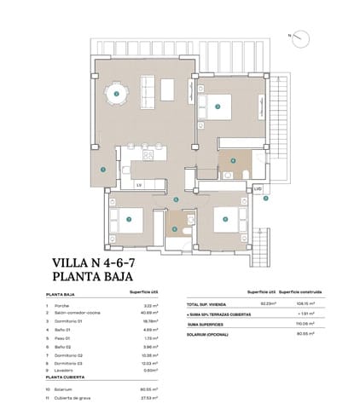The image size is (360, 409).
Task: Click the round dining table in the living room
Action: point(117,92)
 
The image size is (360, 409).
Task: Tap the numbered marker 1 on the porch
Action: point(102,169)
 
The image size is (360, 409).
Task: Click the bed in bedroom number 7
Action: point(127,221)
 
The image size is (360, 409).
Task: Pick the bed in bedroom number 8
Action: point(224,219)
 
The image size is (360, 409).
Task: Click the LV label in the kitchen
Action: point(138,182)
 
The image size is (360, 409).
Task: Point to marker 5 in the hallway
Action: point(176,199)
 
